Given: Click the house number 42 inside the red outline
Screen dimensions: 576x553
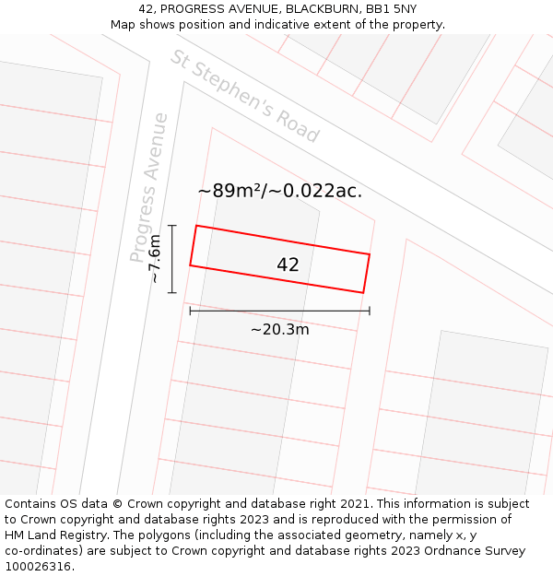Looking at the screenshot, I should (288, 265).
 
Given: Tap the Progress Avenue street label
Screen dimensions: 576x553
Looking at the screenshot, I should (150, 187).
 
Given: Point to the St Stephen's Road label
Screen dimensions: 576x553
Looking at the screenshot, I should (244, 96).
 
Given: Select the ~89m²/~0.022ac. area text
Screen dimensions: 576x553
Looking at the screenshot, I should (279, 191).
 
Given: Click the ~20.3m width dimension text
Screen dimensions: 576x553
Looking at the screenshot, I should (279, 329).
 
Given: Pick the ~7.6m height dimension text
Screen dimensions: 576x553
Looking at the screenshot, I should (155, 259).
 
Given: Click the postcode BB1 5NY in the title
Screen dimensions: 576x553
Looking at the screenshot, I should (392, 8).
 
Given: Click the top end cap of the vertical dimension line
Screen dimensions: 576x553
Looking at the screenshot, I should (172, 225).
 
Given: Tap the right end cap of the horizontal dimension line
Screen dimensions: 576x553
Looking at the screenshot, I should (370, 311).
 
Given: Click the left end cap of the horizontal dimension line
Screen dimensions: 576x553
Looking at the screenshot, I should (190, 311).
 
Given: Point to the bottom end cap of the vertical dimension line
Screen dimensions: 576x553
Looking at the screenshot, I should (172, 292).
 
